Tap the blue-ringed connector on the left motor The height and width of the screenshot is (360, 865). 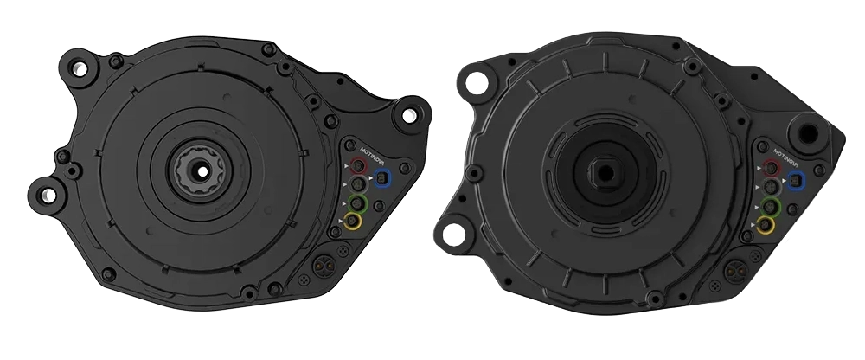(382, 177)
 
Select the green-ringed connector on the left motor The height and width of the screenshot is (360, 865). (357, 203)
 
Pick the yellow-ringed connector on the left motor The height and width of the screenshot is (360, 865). (352, 222)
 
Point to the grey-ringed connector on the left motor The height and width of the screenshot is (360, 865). (357, 183)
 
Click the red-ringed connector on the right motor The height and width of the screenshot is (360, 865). (772, 166)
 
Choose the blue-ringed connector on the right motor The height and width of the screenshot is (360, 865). (796, 180)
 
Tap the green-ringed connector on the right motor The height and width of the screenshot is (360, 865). (770, 207)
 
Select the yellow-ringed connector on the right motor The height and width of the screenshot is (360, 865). (766, 225)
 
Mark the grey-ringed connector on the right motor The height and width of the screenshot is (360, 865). (772, 187)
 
